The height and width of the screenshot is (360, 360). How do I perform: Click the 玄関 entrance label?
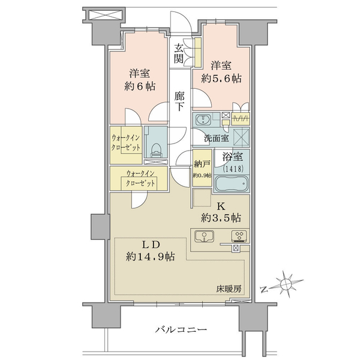pyautogui.click(x=179, y=53)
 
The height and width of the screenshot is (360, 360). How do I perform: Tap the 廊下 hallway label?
pyautogui.click(x=179, y=101)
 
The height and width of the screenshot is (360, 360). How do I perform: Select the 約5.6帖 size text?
pyautogui.click(x=221, y=79)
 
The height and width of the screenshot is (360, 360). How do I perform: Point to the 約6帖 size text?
pyautogui.click(x=140, y=86)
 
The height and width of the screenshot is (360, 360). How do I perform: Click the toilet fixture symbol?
pyautogui.click(x=156, y=151)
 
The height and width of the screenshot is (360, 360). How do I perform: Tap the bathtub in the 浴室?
pyautogui.click(x=232, y=184)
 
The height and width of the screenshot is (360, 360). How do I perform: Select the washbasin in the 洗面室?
pyautogui.click(x=203, y=119)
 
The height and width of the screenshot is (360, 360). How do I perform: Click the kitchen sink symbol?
pyautogui.click(x=204, y=236)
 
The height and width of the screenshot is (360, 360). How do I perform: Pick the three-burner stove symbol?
pyautogui.click(x=239, y=236)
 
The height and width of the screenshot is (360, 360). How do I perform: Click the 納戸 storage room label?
pyautogui.click(x=202, y=164)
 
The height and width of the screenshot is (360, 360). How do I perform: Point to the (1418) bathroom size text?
pyautogui.click(x=233, y=169)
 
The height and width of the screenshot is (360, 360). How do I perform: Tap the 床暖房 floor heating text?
pyautogui.click(x=229, y=289)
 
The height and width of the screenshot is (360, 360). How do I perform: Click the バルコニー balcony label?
pyautogui.click(x=181, y=330)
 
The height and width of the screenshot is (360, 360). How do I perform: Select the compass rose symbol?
pyautogui.click(x=286, y=284)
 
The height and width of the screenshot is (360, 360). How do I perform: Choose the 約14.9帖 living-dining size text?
pyautogui.click(x=150, y=256)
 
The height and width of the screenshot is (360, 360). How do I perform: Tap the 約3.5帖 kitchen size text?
pyautogui.click(x=221, y=218)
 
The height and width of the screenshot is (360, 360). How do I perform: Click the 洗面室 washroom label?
pyautogui.click(x=216, y=138)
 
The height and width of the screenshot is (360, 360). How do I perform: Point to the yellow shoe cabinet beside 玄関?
pyautogui.click(x=198, y=52)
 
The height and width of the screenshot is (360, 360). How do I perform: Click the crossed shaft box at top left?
pyautogui.click(x=104, y=15)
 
